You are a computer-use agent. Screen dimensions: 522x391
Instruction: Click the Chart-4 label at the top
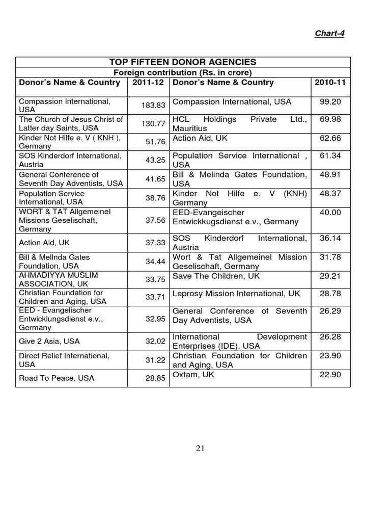click(329, 33)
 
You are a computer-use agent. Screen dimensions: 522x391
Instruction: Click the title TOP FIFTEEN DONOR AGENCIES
click(183, 62)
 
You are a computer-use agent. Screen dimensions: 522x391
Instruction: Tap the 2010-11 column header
click(330, 83)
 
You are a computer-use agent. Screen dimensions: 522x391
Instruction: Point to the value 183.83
click(153, 106)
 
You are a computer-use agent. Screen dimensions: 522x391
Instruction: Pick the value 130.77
click(153, 124)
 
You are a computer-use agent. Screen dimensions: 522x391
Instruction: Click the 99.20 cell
click(330, 102)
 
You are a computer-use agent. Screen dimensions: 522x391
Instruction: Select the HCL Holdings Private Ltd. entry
click(240, 124)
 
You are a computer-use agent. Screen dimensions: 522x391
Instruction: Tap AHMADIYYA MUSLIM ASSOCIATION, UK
click(59, 279)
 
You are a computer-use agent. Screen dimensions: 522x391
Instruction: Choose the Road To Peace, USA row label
click(57, 378)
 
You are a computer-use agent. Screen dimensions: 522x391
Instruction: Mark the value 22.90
click(330, 375)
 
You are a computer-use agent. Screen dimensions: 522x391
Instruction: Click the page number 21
click(200, 449)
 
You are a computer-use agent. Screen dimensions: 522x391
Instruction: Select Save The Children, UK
click(216, 276)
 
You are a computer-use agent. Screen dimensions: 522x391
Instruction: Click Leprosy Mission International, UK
click(236, 294)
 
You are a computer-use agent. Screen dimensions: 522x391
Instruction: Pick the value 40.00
click(330, 213)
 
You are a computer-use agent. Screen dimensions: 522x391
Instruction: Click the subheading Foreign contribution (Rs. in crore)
click(183, 72)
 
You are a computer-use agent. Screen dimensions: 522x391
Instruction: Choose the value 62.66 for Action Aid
click(330, 138)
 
